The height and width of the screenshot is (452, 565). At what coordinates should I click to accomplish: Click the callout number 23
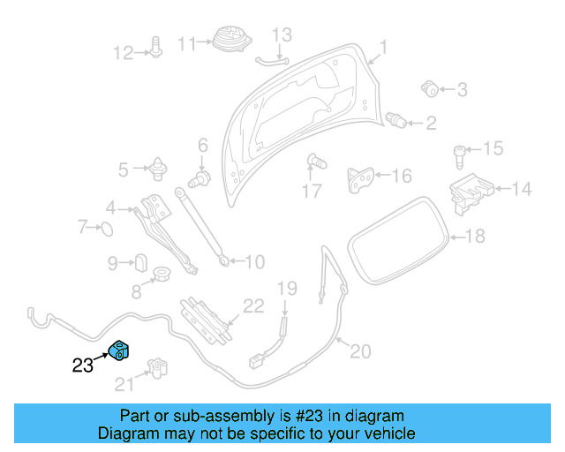coord(82,365)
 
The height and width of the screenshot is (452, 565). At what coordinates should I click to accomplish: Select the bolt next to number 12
coord(156,48)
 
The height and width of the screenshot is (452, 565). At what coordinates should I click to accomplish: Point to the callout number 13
coord(281,35)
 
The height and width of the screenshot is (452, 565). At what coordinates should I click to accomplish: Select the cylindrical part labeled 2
coord(398,119)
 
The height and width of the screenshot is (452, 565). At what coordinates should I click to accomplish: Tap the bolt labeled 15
coord(460,156)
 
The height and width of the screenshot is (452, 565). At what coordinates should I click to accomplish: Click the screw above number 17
coord(314,162)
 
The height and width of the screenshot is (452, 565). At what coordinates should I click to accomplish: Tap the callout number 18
coord(475,236)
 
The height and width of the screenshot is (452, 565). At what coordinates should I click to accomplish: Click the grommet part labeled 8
coord(162,274)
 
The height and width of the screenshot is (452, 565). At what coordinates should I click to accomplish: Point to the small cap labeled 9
coord(139,262)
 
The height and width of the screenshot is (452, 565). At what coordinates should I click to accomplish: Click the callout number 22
coord(253,306)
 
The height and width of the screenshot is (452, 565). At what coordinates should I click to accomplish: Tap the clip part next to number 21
coord(156,369)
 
